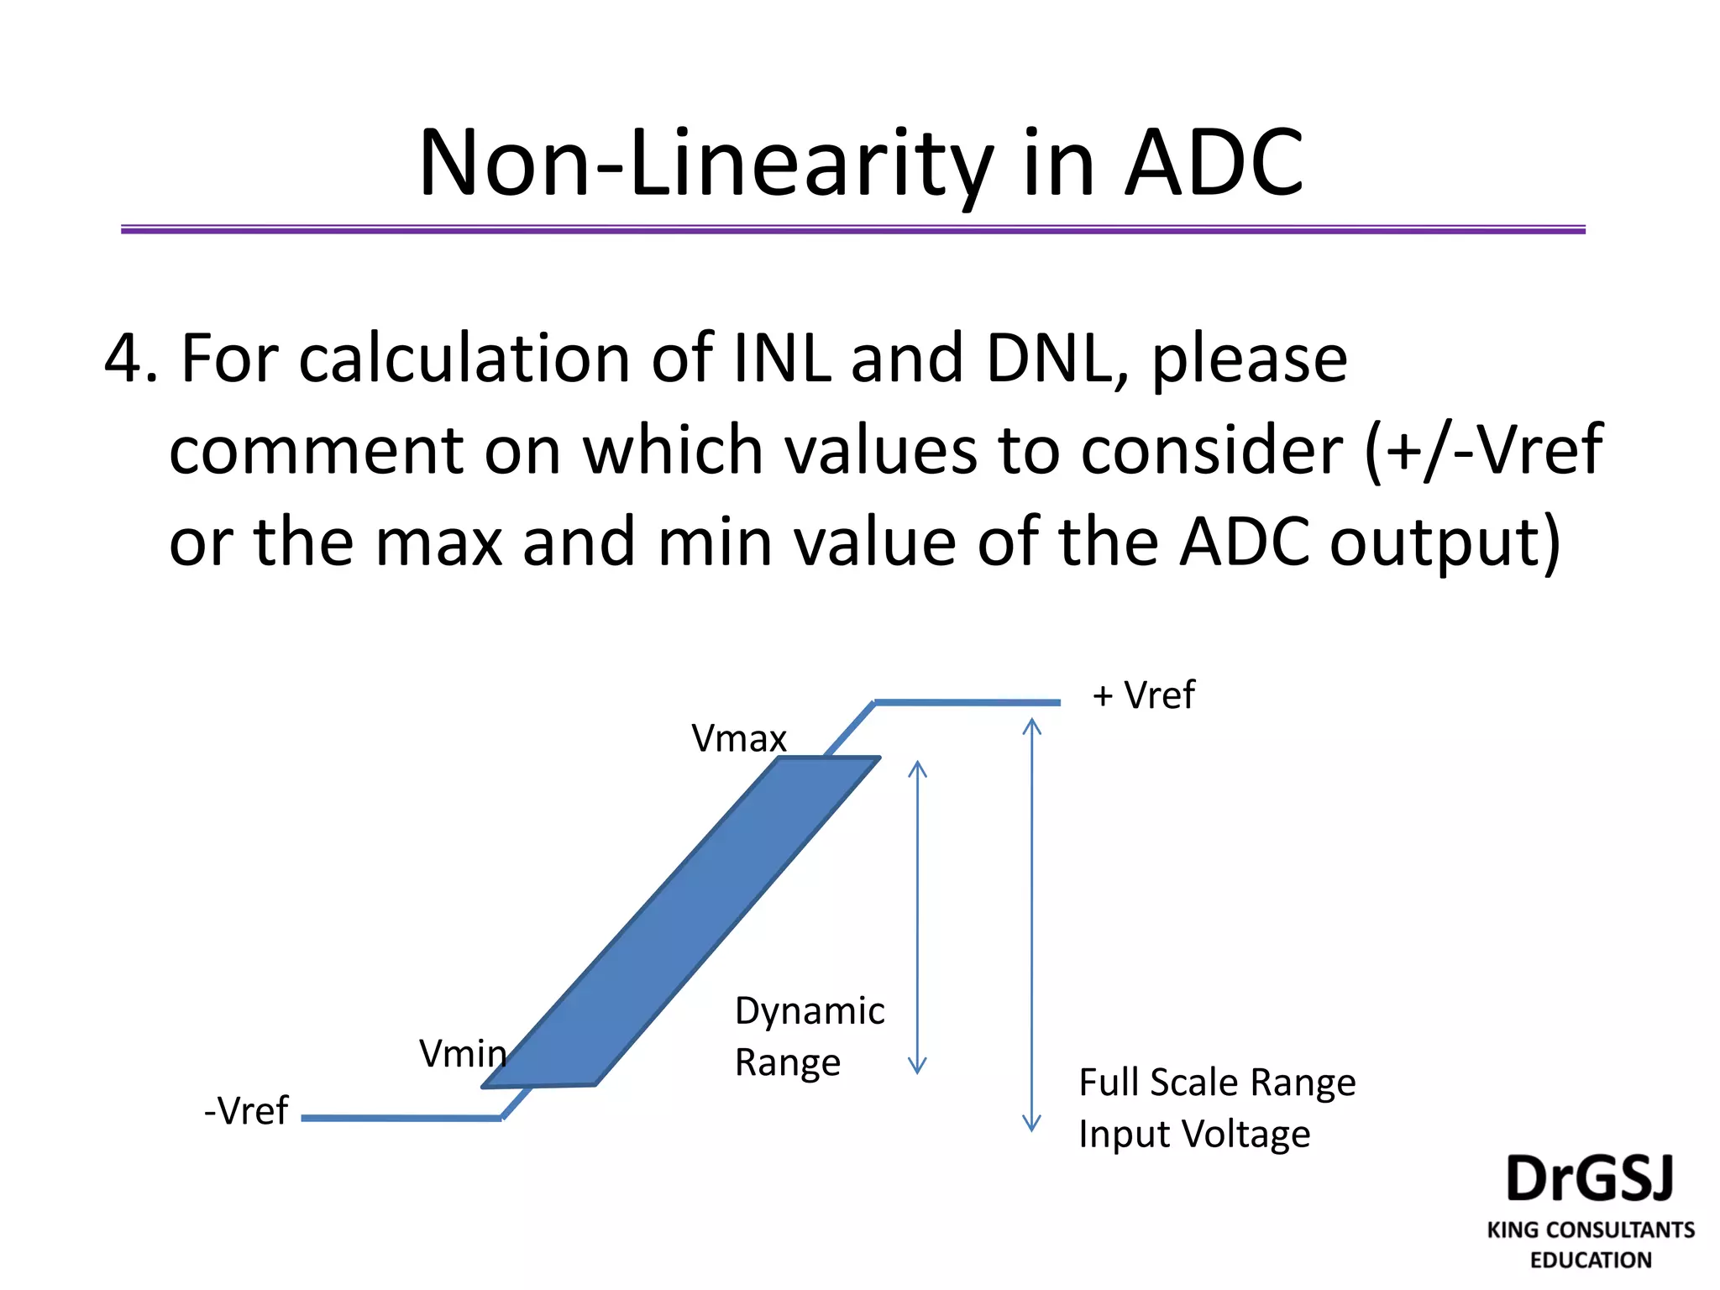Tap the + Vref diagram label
[1143, 695]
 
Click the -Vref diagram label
[246, 1110]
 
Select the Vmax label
[739, 739]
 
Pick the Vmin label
[463, 1053]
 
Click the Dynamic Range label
[809, 1036]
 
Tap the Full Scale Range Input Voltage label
[1216, 1108]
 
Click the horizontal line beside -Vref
[401, 1118]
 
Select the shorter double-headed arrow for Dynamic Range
[917, 917]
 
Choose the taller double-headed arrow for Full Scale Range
[1031, 924]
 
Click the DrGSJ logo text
[1590, 1179]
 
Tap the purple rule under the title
[852, 229]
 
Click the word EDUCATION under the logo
[1591, 1260]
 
